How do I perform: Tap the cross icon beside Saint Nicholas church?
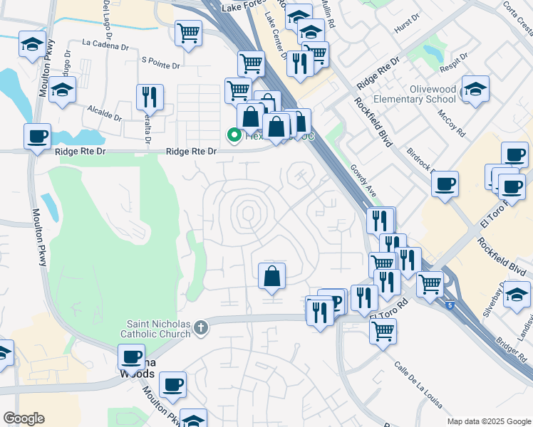point(202,327)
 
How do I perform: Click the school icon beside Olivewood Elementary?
point(475,89)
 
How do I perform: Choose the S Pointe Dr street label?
point(161,65)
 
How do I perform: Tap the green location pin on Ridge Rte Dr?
point(233,135)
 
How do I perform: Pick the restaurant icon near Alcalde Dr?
point(150,97)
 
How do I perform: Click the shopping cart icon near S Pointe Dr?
point(188,33)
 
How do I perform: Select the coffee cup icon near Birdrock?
point(445,184)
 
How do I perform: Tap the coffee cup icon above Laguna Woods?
point(131,357)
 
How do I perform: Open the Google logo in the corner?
point(24,418)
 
